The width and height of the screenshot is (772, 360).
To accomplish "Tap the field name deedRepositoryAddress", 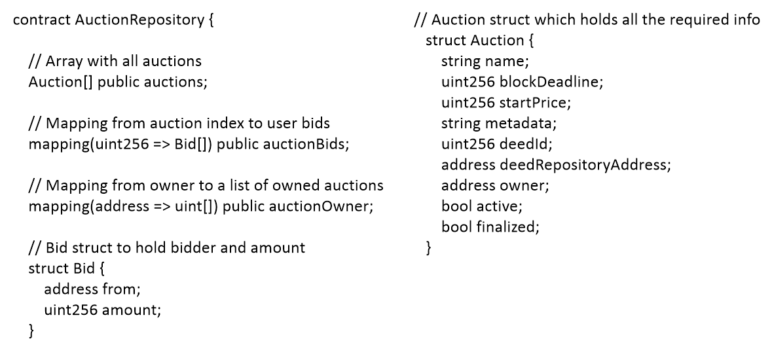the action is (584, 166).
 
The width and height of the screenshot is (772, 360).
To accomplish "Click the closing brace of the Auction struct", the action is (429, 249).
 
